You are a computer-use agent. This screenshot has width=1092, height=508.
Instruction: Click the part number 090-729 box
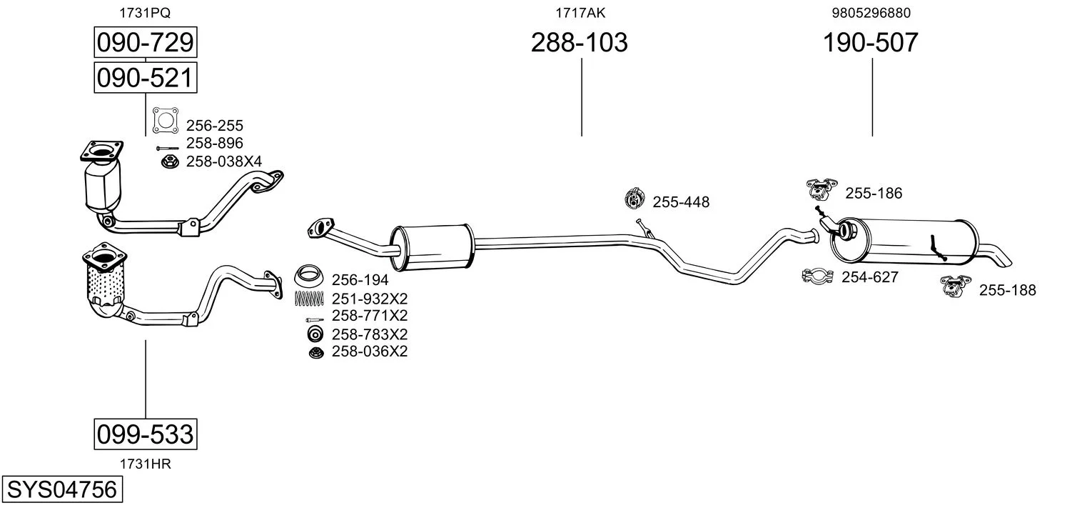146,42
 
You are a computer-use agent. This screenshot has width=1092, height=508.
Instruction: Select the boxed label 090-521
146,77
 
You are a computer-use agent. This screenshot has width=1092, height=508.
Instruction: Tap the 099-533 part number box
146,434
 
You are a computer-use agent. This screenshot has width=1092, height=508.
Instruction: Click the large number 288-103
579,42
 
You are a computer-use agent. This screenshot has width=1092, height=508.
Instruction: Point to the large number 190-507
871,42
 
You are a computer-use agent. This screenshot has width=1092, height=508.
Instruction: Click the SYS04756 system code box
62,489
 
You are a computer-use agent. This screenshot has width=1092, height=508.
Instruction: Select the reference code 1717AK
580,13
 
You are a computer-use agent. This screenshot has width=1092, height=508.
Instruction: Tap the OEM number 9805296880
871,13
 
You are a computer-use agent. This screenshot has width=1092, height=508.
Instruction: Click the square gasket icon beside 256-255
166,120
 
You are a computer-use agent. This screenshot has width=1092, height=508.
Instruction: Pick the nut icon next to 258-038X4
170,161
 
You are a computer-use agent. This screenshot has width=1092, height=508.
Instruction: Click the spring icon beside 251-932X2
309,298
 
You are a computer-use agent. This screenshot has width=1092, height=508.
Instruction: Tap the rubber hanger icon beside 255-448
635,198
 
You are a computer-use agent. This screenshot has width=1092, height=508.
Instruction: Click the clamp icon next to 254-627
817,277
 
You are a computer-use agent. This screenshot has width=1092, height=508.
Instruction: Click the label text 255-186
874,193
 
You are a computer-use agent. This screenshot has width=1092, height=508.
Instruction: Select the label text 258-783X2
370,334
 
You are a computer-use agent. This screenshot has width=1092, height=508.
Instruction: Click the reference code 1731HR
146,464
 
